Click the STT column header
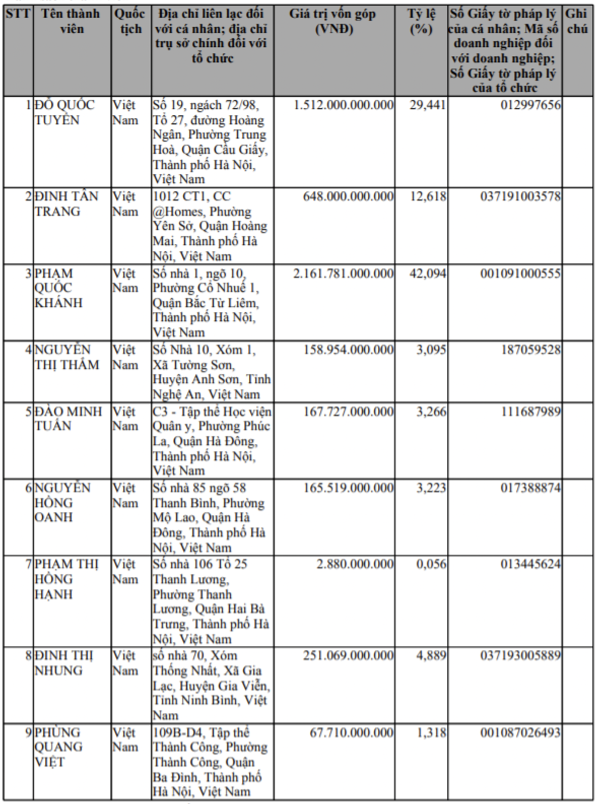(x=18, y=14)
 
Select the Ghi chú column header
(x=577, y=21)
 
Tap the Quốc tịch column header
(x=130, y=21)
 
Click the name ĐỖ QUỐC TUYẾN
(x=64, y=113)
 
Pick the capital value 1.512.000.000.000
(x=344, y=106)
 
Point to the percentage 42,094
(x=428, y=274)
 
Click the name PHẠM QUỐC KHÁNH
(x=58, y=288)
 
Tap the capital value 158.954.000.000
(x=348, y=350)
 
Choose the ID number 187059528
(x=530, y=350)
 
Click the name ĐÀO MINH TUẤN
(x=68, y=419)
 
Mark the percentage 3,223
(x=431, y=488)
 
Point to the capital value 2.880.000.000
(x=355, y=564)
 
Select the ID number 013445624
(x=530, y=564)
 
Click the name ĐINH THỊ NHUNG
(x=63, y=663)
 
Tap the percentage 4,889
(x=431, y=656)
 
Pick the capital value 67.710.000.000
(x=351, y=733)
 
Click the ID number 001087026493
(x=520, y=733)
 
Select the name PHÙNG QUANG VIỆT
(x=58, y=747)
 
